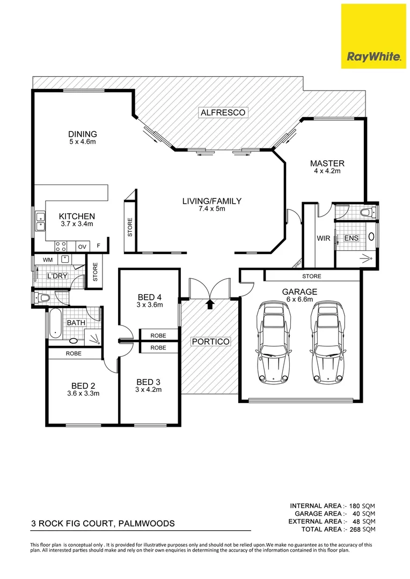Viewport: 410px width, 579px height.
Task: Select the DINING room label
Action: pyautogui.click(x=82, y=134)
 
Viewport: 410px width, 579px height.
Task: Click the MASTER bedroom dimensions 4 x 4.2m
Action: pyautogui.click(x=327, y=172)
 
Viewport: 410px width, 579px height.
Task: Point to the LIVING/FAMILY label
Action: pyautogui.click(x=211, y=201)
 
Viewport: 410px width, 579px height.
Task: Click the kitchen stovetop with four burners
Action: pyautogui.click(x=61, y=247)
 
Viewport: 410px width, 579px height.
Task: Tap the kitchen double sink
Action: pyautogui.click(x=40, y=222)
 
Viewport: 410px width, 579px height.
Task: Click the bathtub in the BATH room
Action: pyautogui.click(x=54, y=323)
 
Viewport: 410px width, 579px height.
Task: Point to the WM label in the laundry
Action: pyautogui.click(x=47, y=259)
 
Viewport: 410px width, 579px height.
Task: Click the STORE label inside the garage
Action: pyautogui.click(x=311, y=277)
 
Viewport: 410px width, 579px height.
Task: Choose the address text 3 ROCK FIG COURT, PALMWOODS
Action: pyautogui.click(x=101, y=524)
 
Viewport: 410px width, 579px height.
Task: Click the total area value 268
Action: pyautogui.click(x=352, y=529)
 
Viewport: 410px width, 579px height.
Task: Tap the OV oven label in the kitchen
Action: pyautogui.click(x=82, y=247)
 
